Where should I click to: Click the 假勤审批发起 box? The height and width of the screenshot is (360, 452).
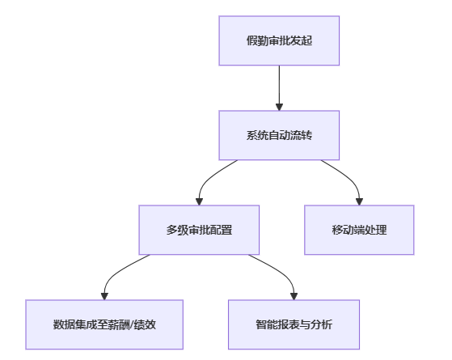pyautogui.click(x=279, y=40)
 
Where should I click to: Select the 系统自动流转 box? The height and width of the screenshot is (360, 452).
pyautogui.click(x=279, y=135)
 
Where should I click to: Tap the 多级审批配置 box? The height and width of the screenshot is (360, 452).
pyautogui.click(x=199, y=230)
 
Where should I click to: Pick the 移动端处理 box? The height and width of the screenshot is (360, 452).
pyautogui.click(x=359, y=230)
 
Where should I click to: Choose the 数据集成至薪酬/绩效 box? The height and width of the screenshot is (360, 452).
pyautogui.click(x=104, y=324)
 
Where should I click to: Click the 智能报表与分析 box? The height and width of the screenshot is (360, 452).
pyautogui.click(x=294, y=324)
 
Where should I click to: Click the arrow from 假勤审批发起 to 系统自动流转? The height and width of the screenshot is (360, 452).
pyautogui.click(x=279, y=88)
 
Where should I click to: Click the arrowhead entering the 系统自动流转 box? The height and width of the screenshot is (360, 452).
pyautogui.click(x=279, y=107)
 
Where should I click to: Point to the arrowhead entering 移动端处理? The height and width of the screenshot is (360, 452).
pyautogui.click(x=359, y=201)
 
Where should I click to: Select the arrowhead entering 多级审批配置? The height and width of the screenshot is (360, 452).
pyautogui.click(x=199, y=201)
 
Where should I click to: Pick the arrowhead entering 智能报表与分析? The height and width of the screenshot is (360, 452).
pyautogui.click(x=294, y=296)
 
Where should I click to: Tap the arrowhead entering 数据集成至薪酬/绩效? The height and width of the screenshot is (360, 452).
pyautogui.click(x=104, y=296)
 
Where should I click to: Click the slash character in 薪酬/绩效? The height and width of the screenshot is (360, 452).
pyautogui.click(x=132, y=324)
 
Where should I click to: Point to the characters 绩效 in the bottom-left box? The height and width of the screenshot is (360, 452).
pyautogui.click(x=145, y=324)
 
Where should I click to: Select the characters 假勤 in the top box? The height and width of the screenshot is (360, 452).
pyautogui.click(x=257, y=40)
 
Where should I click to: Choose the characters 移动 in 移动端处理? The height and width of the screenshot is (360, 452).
pyautogui.click(x=343, y=230)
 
